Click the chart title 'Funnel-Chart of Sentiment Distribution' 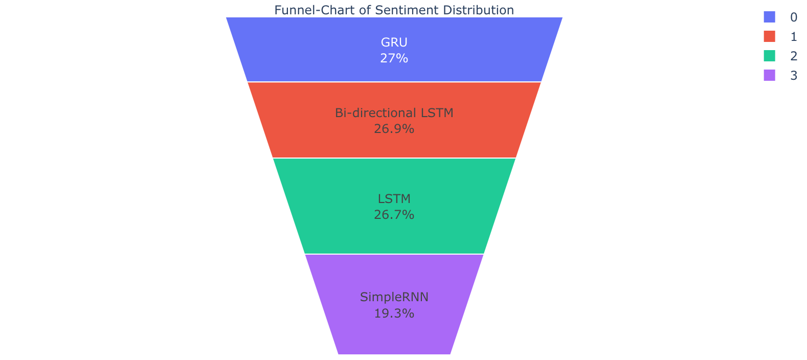394,10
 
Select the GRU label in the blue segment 394,42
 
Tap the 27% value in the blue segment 394,58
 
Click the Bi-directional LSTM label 394,113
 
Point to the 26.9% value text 394,129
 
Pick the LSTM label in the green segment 394,198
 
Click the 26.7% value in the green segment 394,215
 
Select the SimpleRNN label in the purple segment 394,297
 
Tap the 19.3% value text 394,313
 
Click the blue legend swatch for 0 770,17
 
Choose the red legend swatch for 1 770,36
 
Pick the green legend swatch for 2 770,56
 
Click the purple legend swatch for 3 770,76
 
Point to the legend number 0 794,17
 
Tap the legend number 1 794,36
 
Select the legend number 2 794,56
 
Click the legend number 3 794,76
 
